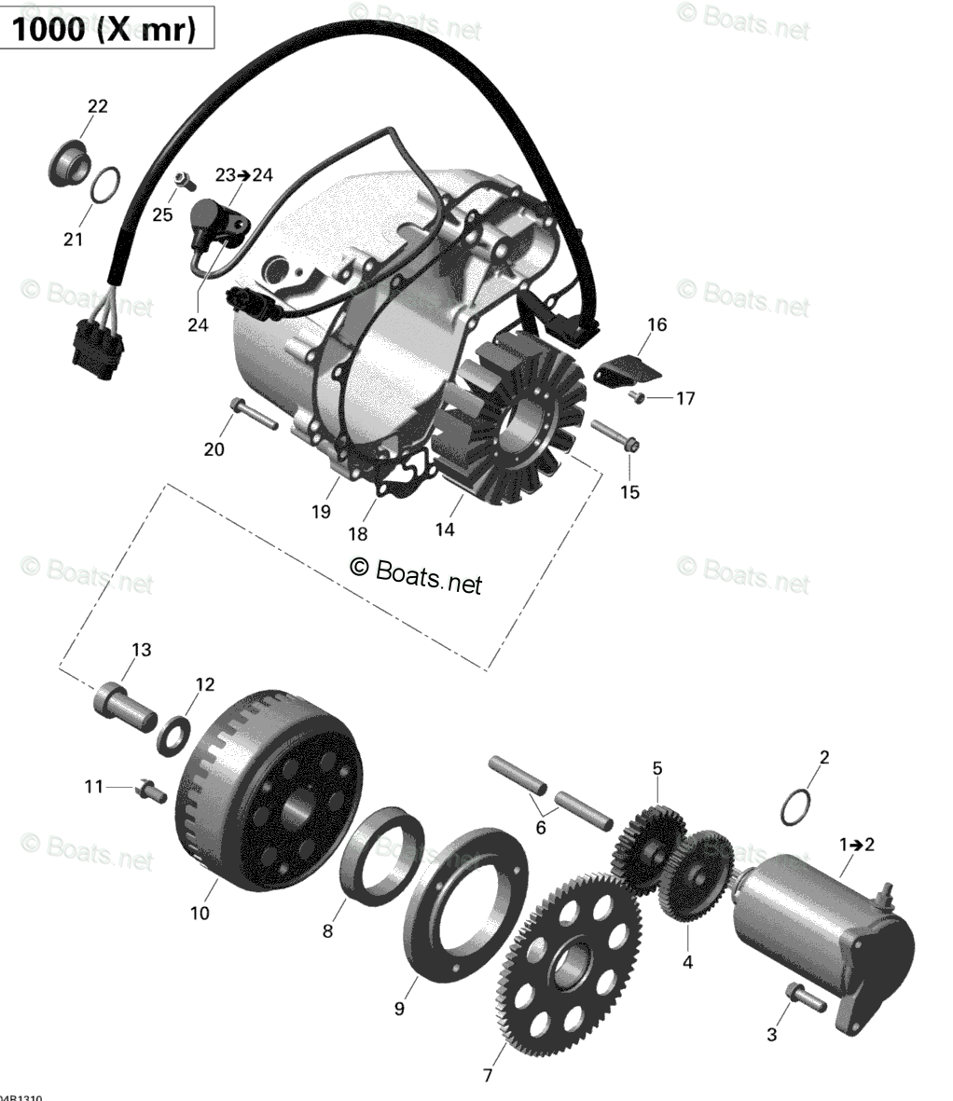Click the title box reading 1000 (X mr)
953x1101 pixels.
tap(104, 30)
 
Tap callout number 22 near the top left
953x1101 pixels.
tap(97, 106)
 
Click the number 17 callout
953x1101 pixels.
tap(685, 399)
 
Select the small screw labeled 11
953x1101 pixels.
tap(150, 792)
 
